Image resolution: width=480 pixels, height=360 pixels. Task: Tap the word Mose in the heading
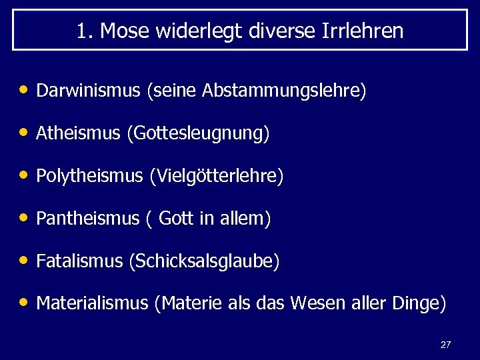[x=123, y=31]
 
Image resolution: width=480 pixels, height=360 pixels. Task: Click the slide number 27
[x=445, y=345]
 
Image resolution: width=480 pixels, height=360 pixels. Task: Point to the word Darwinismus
[x=89, y=90]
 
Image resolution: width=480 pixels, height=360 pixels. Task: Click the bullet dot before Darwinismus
[x=24, y=90]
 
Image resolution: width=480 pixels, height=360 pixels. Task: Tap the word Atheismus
[x=78, y=134]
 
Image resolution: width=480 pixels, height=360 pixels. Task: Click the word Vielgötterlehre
[x=219, y=177]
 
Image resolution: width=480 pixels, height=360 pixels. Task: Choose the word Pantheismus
[x=87, y=219]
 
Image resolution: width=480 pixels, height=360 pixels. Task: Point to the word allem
[x=246, y=219]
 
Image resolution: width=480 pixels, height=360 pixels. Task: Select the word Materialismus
[x=92, y=303]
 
